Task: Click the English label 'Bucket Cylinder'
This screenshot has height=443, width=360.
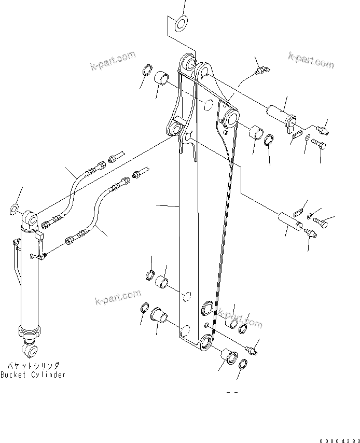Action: click(33, 375)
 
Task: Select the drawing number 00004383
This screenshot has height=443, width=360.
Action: click(338, 440)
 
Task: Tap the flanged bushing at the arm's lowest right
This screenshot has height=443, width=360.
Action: click(229, 358)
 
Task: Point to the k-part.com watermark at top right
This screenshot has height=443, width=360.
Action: click(311, 61)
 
